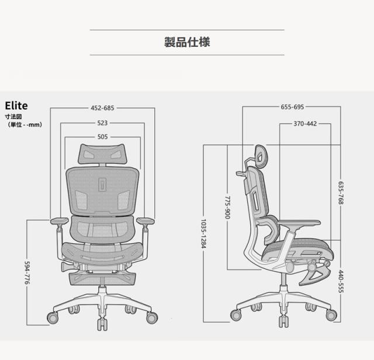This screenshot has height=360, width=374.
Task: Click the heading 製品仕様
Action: pyautogui.click(x=187, y=42)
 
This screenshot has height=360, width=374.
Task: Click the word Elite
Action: pyautogui.click(x=17, y=106)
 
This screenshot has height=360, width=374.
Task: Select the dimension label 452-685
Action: pyautogui.click(x=102, y=108)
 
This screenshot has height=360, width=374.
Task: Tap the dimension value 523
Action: pyautogui.click(x=102, y=123)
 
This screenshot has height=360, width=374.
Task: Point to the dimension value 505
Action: pyautogui.click(x=102, y=137)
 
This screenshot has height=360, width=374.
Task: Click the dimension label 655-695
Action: pyautogui.click(x=292, y=107)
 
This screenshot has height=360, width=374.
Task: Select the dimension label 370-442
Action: pyautogui.click(x=305, y=123)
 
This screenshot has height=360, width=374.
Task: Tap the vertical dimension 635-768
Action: pyautogui.click(x=341, y=193)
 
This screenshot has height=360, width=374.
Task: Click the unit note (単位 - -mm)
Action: pyautogui.click(x=25, y=124)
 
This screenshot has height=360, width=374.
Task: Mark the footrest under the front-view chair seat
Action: pyautogui.click(x=102, y=274)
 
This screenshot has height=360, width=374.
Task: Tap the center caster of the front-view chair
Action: pyautogui.click(x=102, y=325)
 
